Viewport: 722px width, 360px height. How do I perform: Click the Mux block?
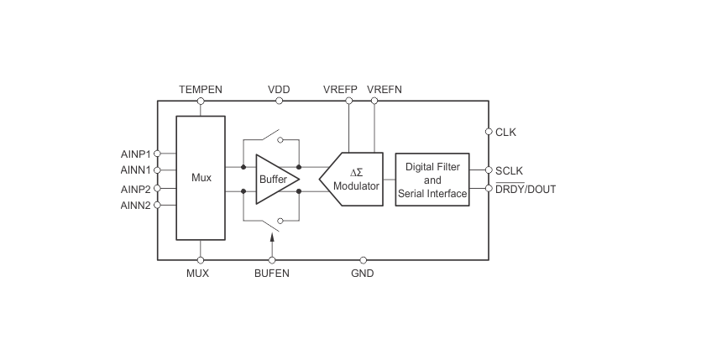point(201,178)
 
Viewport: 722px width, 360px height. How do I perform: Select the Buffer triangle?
point(276,179)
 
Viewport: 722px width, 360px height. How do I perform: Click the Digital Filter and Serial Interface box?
point(432,180)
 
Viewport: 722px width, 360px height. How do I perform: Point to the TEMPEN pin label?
point(201,89)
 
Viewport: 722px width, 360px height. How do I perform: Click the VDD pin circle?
point(279,101)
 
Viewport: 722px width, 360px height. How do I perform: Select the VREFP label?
point(340,89)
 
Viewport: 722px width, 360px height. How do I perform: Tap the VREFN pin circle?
point(374,101)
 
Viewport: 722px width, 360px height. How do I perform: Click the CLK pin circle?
point(489,132)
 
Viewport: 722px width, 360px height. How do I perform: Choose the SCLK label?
point(510,171)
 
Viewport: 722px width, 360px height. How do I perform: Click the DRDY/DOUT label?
point(526,189)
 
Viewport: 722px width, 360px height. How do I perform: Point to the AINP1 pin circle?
point(157,154)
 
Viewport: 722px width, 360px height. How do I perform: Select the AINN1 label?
point(135,170)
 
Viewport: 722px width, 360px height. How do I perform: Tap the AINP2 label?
point(135,189)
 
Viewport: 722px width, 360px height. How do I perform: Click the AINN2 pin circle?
point(157,205)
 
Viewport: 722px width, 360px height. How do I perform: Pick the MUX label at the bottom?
point(197,274)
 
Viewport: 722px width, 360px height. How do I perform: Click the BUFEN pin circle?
point(272,260)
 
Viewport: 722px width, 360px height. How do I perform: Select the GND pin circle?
point(364,260)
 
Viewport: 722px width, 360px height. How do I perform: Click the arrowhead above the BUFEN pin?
point(272,237)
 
